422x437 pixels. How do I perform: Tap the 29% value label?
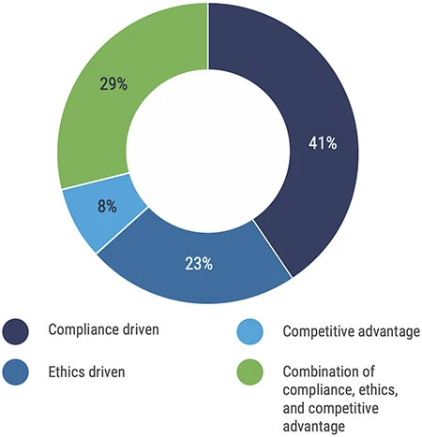coord(113,84)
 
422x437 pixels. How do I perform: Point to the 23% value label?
coord(198,264)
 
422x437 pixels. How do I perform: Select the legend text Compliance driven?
coord(103,330)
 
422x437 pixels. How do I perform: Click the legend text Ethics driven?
coord(87,372)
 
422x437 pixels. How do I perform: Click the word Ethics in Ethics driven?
coord(67,372)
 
